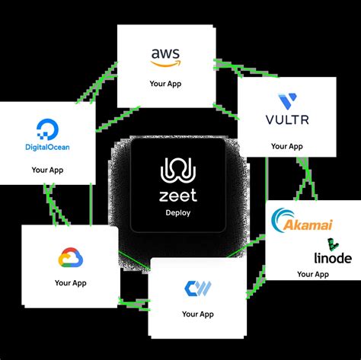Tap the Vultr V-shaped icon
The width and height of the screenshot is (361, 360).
tap(289, 102)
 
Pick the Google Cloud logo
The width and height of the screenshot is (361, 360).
tap(70, 259)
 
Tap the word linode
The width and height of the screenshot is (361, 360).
tap(333, 258)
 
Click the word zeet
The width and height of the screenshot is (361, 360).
tap(178, 195)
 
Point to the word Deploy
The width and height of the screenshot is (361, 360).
tap(178, 213)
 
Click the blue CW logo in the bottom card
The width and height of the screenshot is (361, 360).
tap(197, 289)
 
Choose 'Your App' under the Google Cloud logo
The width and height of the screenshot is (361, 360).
tap(70, 282)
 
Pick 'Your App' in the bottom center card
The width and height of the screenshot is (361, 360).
tap(197, 314)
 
